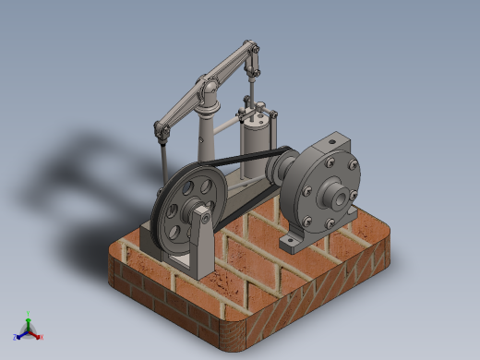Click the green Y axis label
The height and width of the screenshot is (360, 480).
tap(30, 313)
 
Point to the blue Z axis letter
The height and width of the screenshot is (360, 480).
tap(17, 336)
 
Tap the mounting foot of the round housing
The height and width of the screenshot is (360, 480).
tap(294, 243)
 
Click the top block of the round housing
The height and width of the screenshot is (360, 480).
tap(331, 143)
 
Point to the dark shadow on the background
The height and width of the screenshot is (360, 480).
tap(74, 175)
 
